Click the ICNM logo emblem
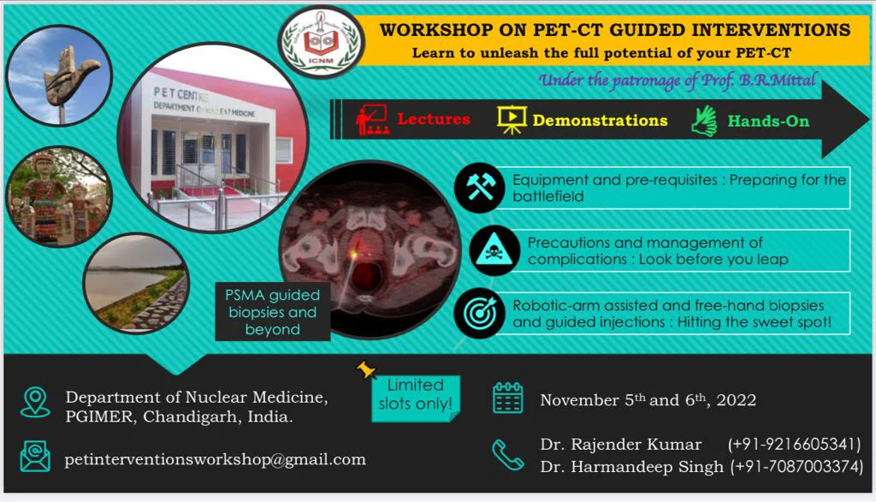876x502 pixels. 322,42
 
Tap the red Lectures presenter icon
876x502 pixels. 373,120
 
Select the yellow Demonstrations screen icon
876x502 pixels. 512,120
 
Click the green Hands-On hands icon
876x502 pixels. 704,121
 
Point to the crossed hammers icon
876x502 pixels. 479,187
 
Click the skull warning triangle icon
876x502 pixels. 494,251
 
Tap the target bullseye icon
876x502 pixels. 479,313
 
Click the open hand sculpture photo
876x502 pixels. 59,76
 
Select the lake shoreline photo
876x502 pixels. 136,284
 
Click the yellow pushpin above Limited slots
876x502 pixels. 366,369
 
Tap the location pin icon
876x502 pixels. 35,402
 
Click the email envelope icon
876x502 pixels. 35,456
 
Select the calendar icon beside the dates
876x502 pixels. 508,399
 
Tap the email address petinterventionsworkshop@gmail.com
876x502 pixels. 215,459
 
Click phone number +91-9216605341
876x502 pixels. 795,444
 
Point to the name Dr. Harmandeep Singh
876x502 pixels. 631,467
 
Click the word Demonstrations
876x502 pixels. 600,120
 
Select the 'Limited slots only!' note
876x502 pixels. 416,399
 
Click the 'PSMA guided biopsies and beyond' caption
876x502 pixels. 273,311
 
